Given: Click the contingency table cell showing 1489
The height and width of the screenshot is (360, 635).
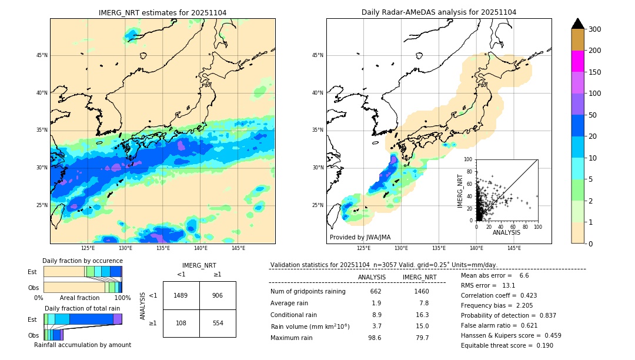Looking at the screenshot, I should tap(181, 295).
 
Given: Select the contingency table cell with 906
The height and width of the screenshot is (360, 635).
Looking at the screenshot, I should tap(218, 295).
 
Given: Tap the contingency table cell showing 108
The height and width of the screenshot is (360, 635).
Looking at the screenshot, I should tap(181, 323).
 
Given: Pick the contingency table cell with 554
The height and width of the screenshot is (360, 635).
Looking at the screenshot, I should tap(218, 323).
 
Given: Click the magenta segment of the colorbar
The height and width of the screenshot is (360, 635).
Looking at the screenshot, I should tap(578, 61).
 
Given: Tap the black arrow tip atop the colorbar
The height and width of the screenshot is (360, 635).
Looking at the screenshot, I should tap(578, 23).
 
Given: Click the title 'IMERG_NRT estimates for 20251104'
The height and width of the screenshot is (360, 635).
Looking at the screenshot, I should tap(162, 12).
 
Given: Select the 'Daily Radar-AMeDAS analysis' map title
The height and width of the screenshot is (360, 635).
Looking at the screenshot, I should tap(439, 12).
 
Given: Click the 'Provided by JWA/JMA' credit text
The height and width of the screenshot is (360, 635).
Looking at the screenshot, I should tap(360, 237).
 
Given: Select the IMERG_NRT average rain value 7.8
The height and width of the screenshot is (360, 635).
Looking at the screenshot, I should tap(423, 303).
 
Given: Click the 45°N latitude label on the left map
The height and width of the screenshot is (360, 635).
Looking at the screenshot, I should tap(42, 55).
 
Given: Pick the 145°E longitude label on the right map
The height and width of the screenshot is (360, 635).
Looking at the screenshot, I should tap(514, 248).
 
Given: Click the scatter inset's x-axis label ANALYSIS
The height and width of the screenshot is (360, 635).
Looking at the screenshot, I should tap(506, 232).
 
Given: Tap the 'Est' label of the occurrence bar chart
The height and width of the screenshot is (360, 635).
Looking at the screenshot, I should tap(32, 272).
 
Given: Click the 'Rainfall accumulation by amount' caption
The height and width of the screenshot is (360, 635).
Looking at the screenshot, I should tap(83, 345).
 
